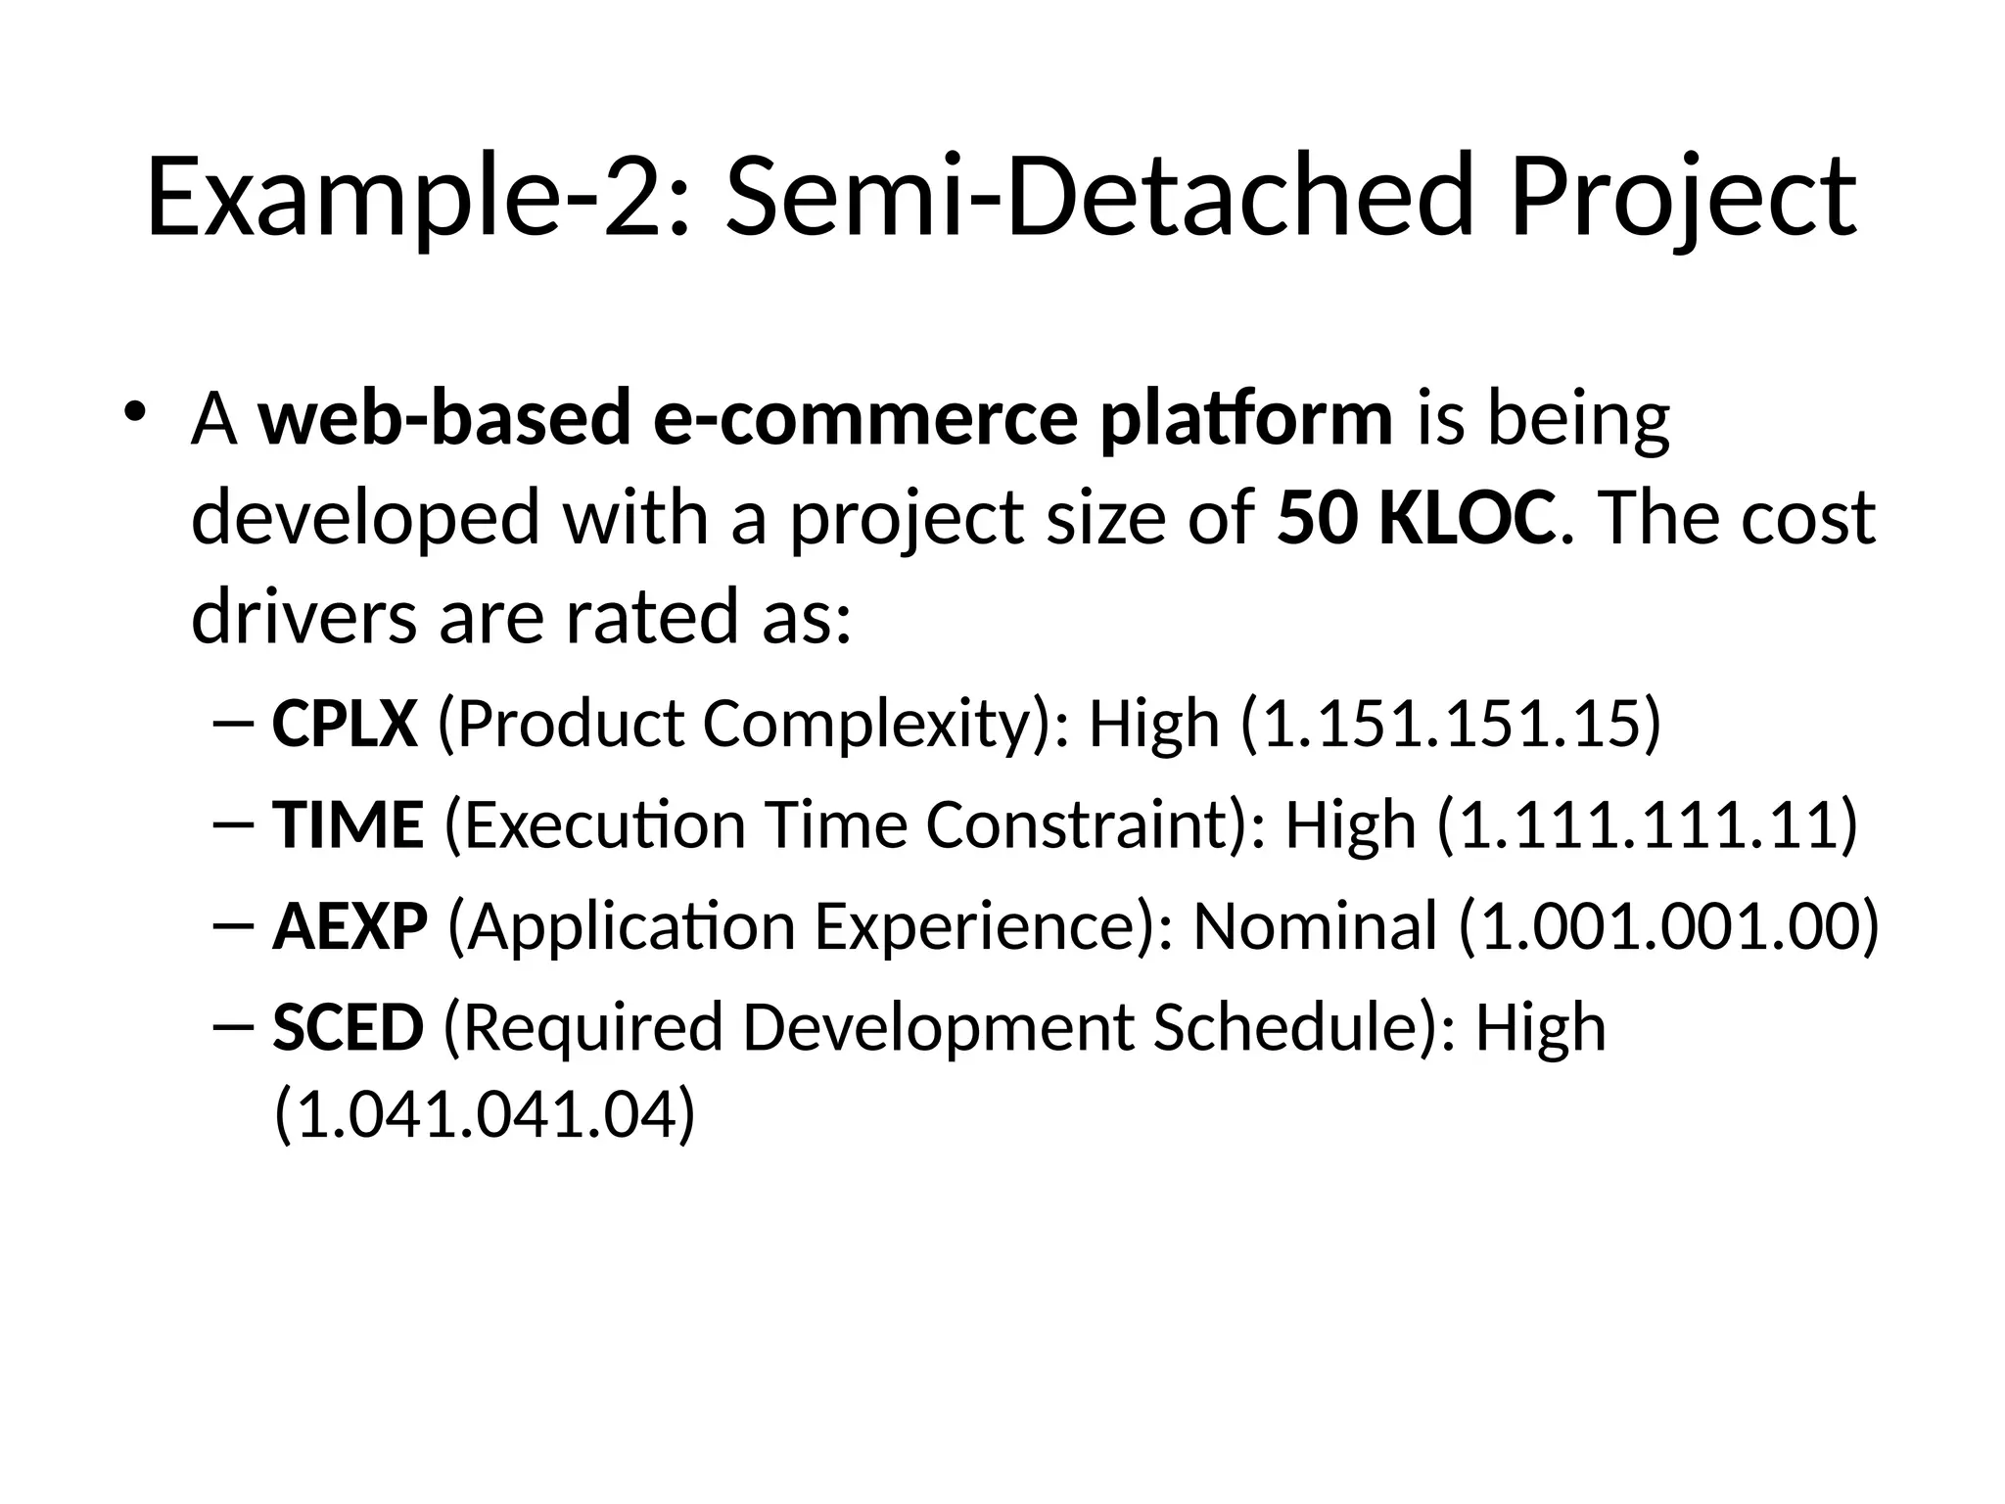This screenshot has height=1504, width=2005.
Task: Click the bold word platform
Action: pyautogui.click(x=1245, y=420)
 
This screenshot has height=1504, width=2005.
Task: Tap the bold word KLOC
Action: pyautogui.click(x=1466, y=518)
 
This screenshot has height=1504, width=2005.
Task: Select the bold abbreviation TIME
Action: pyautogui.click(x=348, y=823)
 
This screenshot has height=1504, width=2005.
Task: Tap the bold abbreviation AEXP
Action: pyautogui.click(x=350, y=925)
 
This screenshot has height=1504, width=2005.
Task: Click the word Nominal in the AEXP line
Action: pyautogui.click(x=1315, y=925)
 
